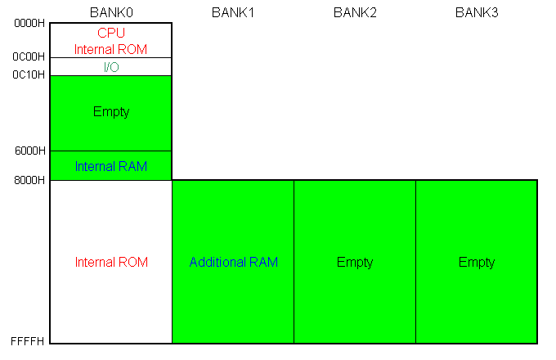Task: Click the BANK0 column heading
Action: coord(111,12)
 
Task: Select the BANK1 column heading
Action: coord(233,12)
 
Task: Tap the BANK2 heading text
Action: coord(355,12)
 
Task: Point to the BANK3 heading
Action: coord(477,12)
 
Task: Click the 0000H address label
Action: coord(29,24)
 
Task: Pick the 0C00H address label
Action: coord(29,56)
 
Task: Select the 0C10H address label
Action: coord(29,74)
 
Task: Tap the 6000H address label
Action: coord(30,151)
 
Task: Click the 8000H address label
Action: coord(29,180)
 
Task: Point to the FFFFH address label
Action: coord(28,341)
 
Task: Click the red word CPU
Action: coord(111,33)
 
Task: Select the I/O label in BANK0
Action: coord(111,67)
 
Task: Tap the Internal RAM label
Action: coord(111,166)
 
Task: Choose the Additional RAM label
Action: coord(234,262)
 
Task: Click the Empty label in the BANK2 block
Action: coord(355,263)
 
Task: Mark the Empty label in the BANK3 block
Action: coord(477,263)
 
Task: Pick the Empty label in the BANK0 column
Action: coord(111,112)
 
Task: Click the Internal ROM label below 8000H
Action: coord(111,262)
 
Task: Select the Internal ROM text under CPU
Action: coord(110,49)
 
